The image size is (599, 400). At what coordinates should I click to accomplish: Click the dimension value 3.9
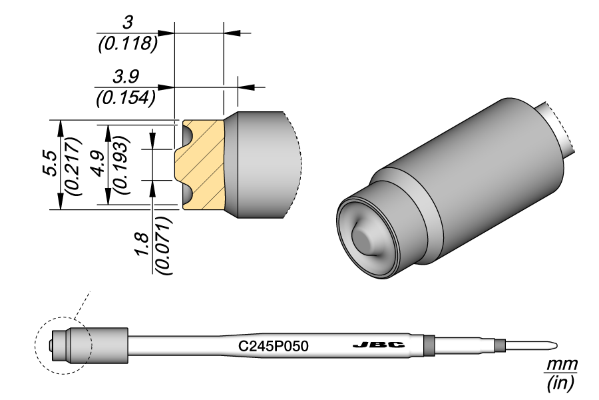pyautogui.click(x=126, y=77)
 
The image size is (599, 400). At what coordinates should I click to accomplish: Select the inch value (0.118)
pyautogui.click(x=126, y=44)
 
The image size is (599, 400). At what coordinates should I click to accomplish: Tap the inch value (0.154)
pyautogui.click(x=126, y=97)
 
